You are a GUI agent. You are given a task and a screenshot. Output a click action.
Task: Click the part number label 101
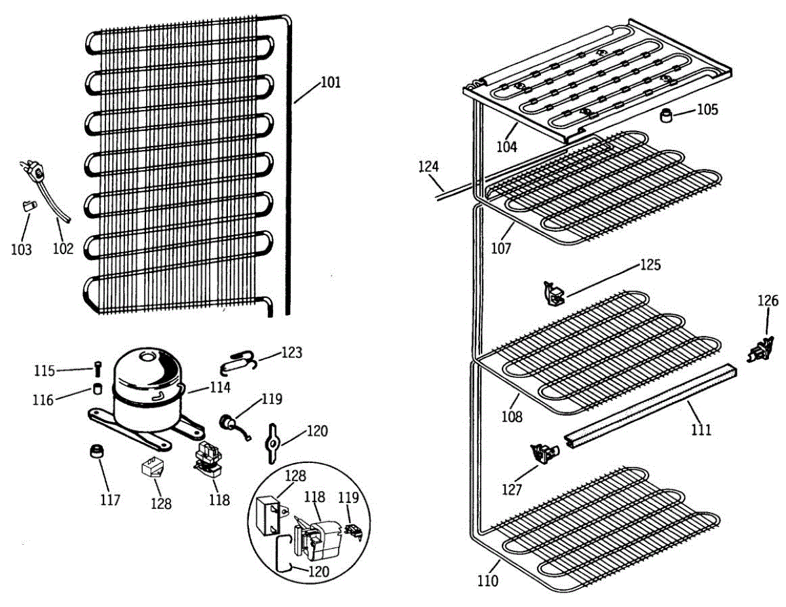[331, 83]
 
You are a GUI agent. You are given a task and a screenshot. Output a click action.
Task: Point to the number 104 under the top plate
[506, 147]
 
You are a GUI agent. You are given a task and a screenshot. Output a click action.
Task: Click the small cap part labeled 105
[667, 118]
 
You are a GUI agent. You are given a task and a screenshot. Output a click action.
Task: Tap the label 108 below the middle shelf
[513, 416]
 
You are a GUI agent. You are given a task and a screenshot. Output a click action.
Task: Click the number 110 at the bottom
[487, 580]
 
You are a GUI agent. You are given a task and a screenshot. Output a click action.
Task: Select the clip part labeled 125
[553, 293]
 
